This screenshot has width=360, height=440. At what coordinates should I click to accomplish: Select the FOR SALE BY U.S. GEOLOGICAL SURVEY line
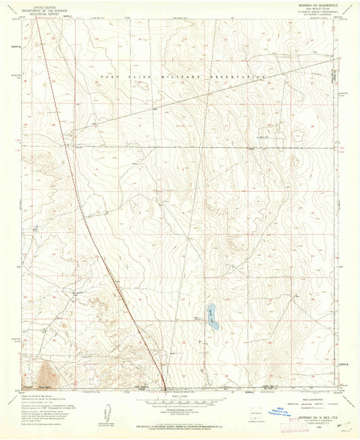tap(180, 425)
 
